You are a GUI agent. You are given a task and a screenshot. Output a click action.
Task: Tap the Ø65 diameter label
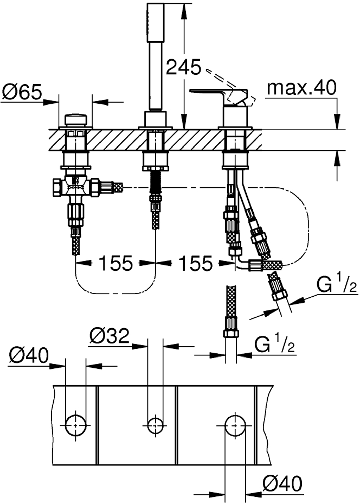[22, 92]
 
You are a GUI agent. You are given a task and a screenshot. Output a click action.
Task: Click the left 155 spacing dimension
[116, 263]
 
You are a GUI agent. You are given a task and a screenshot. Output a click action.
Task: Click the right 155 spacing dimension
[195, 263]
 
